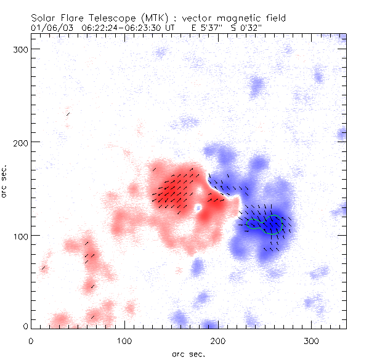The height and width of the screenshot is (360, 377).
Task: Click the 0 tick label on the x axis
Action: tap(31, 340)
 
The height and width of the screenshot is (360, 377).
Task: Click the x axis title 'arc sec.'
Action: tap(188, 353)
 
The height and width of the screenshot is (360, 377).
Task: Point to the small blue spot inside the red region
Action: tap(198, 209)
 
